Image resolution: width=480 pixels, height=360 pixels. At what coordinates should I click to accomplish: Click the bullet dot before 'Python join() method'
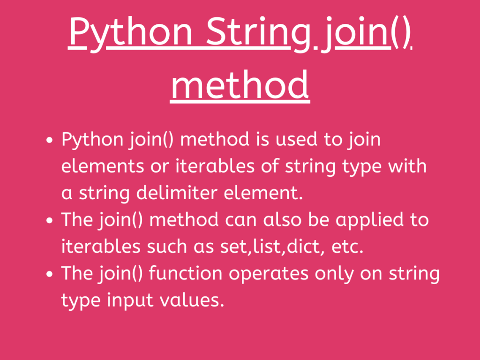click(x=50, y=141)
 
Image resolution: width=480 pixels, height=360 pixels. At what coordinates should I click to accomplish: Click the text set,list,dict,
click(x=276, y=247)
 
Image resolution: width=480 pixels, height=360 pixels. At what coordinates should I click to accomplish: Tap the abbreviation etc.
click(x=348, y=247)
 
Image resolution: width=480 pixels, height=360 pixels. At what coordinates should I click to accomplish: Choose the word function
click(x=186, y=274)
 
